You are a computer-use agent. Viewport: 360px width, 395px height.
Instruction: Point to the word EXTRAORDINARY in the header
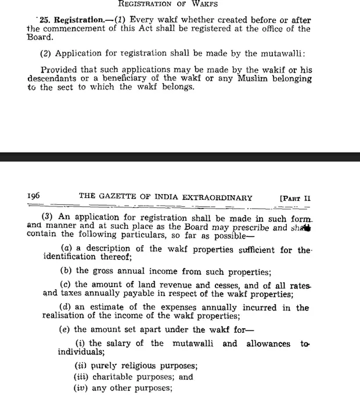click(216, 198)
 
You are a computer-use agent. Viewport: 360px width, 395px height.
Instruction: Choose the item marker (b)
click(66, 271)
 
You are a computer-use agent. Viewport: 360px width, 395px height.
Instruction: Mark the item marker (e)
click(66, 330)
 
